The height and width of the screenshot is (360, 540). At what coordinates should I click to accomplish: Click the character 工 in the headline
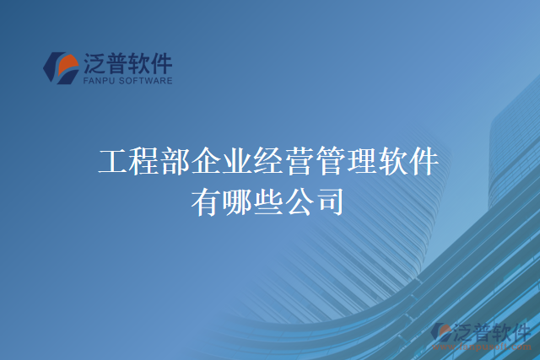tap(113, 161)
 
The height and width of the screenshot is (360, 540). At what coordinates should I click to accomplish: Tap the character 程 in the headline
tap(144, 161)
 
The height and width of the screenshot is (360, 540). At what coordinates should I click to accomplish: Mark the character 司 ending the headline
tap(331, 201)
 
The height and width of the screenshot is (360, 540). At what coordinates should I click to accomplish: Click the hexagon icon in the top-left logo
tap(61, 68)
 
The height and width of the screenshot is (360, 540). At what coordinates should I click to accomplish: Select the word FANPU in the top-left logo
tap(98, 82)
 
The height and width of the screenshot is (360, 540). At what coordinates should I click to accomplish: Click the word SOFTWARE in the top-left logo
tap(145, 82)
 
